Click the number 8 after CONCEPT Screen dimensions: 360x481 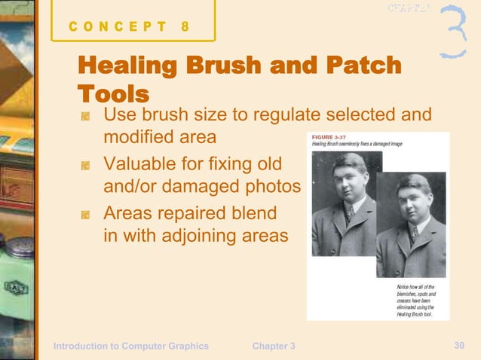[x=185, y=26]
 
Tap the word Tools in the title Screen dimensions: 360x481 [x=112, y=93]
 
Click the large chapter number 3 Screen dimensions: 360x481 [x=453, y=32]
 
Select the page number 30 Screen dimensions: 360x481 [x=459, y=345]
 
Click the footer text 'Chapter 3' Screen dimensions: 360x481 [x=274, y=346]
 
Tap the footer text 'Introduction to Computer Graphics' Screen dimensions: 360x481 [x=130, y=346]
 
